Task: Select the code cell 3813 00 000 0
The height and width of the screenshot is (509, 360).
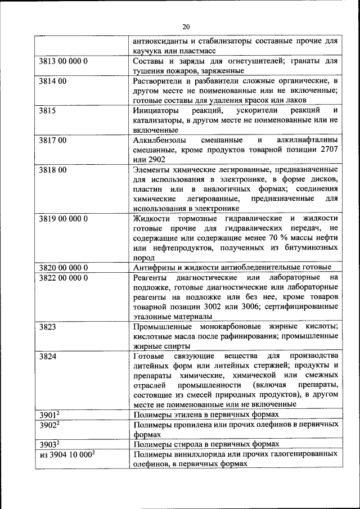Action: [64, 61]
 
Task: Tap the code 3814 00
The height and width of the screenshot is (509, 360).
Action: [53, 81]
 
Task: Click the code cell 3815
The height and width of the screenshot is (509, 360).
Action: [47, 111]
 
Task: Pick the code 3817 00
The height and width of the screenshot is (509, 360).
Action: [53, 140]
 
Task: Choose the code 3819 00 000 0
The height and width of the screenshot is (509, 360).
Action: [64, 219]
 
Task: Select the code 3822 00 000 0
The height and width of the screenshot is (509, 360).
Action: [64, 277]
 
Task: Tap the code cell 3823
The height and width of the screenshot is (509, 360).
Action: [47, 327]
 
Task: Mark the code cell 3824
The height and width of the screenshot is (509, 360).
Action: [47, 356]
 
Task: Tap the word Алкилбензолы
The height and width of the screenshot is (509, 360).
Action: [160, 140]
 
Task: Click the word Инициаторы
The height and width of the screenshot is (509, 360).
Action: [156, 111]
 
